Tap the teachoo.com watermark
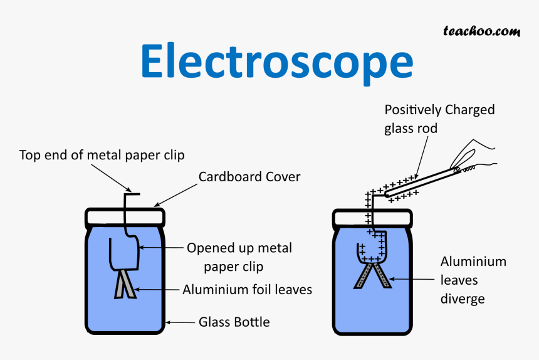(481, 30)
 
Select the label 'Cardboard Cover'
(249, 177)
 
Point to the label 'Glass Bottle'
(234, 322)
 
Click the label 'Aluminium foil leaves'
(247, 290)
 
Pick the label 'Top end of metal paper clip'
(102, 154)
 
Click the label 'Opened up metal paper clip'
(239, 257)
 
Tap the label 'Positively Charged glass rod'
(439, 119)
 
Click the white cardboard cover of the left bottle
(125, 217)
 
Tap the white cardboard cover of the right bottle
(372, 218)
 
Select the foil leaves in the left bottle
(124, 283)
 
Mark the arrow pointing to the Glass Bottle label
(181, 323)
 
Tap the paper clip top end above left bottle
(130, 193)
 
